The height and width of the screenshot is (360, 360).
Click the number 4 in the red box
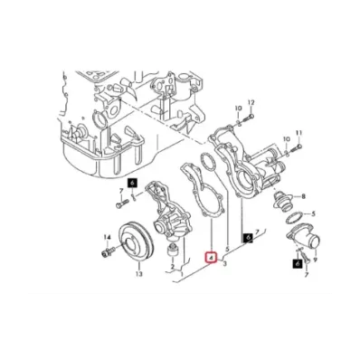pyautogui.click(x=211, y=257)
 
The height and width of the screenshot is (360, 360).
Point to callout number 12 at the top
pyautogui.click(x=251, y=102)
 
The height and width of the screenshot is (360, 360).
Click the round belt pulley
pyautogui.click(x=134, y=242)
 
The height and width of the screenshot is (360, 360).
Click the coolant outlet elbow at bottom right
pyautogui.click(x=299, y=243)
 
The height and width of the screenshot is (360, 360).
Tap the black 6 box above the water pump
pyautogui.click(x=132, y=184)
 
